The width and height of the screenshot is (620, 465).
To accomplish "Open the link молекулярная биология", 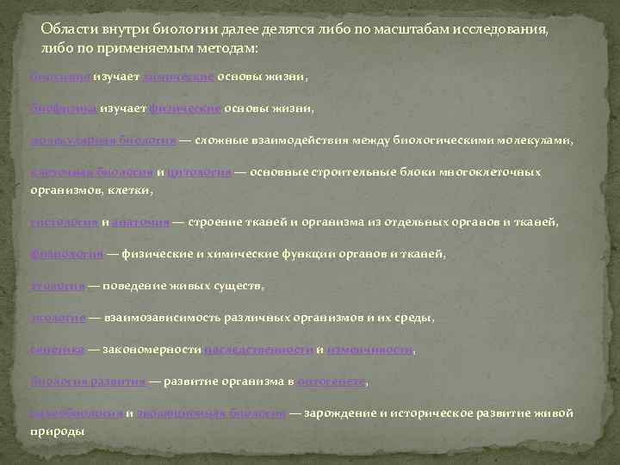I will pos(103,140).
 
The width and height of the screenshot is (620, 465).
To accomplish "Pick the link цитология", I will pos(199,172).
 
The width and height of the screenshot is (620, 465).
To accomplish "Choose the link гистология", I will pos(64,221).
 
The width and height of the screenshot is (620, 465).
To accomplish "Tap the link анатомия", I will pos(139,221).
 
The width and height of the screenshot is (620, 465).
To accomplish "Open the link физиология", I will pos(67,253).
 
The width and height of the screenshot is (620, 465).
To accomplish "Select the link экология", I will pos(58,317).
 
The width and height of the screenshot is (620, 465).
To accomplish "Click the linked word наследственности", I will pos(258,349).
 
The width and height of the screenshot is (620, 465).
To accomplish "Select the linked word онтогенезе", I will pos(333,381).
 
